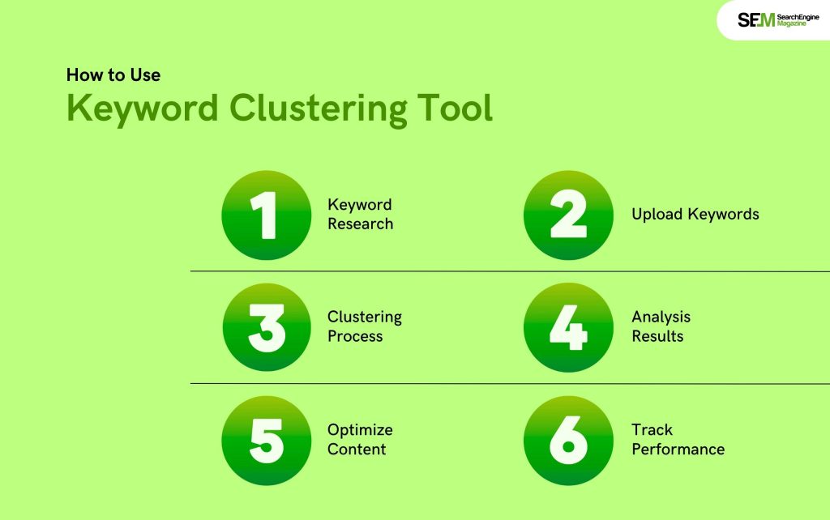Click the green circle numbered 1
(x=266, y=215)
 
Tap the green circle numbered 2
(x=568, y=215)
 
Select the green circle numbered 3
(x=266, y=327)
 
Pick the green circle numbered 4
(x=568, y=327)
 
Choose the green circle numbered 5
(x=266, y=440)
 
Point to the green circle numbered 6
(x=568, y=440)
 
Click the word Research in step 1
(x=361, y=224)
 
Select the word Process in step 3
(x=355, y=336)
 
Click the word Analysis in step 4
(x=661, y=318)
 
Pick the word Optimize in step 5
(x=360, y=430)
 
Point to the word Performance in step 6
(x=678, y=449)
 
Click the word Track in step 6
(x=652, y=429)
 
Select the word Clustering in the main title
(x=318, y=109)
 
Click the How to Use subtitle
(x=113, y=75)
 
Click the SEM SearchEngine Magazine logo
(x=778, y=20)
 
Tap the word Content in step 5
(x=357, y=449)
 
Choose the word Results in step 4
(x=657, y=336)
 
